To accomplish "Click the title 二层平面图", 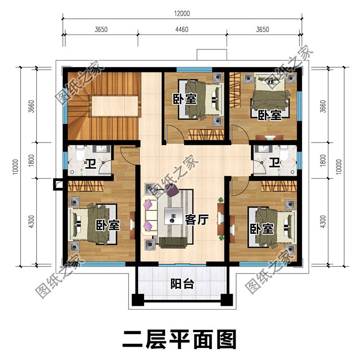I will [x=180, y=339].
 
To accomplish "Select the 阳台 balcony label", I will [x=182, y=284].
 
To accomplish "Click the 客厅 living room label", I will [x=196, y=220].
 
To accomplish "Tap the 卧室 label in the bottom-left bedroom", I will [x=107, y=225].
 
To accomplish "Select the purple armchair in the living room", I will [x=172, y=192].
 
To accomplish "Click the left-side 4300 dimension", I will [x=32, y=222].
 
